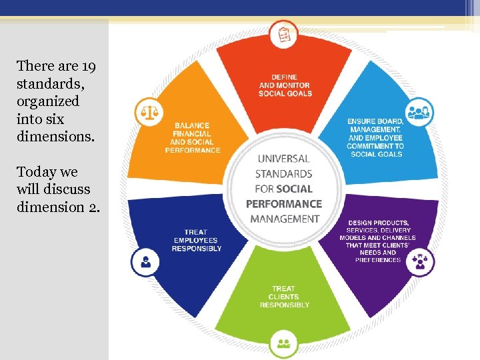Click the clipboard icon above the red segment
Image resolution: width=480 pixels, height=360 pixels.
point(285,33)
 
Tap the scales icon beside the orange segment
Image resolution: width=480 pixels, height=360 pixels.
point(148,112)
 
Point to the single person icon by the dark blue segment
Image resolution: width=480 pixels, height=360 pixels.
point(145,261)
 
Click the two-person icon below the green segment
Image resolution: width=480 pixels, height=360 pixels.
point(284,343)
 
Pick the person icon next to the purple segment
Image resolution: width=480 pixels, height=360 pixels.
point(420,260)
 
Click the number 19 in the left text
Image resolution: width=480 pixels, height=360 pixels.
point(88,66)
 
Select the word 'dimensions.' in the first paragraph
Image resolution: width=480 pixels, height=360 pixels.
point(56,136)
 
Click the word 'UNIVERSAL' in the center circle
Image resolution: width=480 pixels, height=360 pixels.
point(283,159)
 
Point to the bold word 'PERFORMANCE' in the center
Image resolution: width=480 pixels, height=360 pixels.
point(283,204)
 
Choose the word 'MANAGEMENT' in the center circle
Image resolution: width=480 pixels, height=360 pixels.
point(283,219)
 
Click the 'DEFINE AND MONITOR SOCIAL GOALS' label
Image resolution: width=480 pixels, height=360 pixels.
point(285,85)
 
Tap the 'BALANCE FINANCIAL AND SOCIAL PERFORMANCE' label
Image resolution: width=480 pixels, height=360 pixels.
point(193,138)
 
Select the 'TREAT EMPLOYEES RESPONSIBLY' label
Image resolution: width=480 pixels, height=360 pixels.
point(197,240)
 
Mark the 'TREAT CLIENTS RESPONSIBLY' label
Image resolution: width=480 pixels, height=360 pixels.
point(285,297)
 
